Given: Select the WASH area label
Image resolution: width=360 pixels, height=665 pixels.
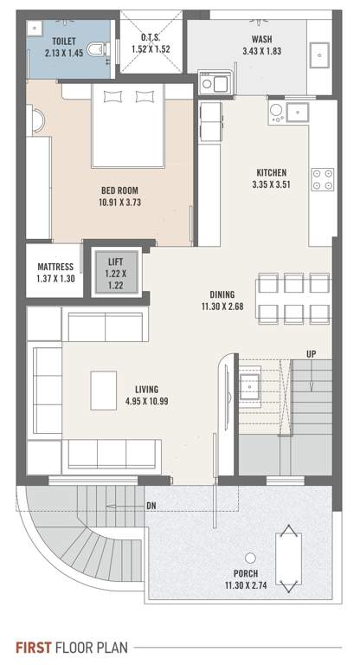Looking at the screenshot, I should click(262, 40).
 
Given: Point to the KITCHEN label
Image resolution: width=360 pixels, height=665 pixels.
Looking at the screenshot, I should click(270, 172).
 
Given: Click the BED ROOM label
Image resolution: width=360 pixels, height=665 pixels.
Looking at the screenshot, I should click(119, 190).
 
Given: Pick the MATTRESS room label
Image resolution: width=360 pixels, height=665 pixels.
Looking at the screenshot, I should click(54, 267).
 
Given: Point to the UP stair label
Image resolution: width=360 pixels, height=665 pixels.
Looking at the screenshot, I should click(310, 353).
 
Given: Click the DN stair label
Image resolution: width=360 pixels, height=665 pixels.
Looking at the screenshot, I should click(151, 505).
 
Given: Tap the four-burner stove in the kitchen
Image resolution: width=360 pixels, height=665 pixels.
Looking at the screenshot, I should click(321, 178).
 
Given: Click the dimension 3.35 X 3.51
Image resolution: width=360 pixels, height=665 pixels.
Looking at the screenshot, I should click(270, 184).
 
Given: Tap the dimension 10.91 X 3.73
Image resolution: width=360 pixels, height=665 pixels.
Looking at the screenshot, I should click(119, 203).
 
